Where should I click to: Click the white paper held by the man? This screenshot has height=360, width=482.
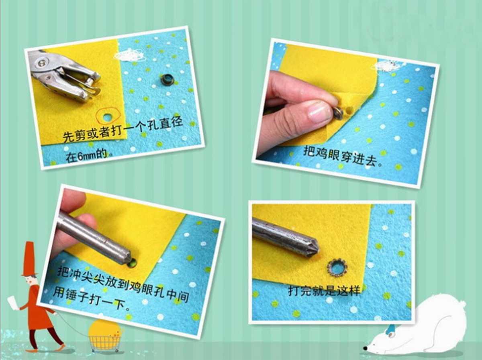tap(12, 303)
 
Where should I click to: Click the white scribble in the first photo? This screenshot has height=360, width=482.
tap(130, 56)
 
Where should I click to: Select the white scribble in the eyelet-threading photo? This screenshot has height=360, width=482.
tap(391, 65)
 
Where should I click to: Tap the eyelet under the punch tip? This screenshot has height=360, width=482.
tap(132, 263)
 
